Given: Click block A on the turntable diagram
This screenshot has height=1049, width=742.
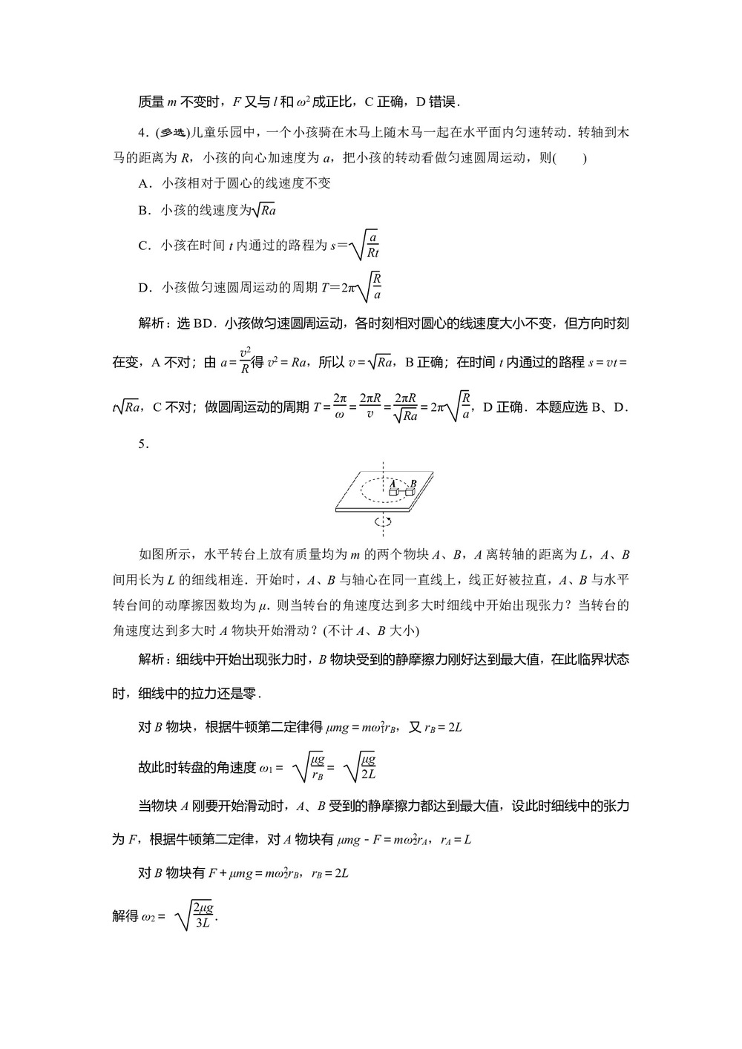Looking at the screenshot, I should pyautogui.click(x=394, y=492).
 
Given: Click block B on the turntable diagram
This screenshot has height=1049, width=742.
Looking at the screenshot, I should pyautogui.click(x=409, y=492).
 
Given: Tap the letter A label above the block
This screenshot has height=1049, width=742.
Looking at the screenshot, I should pyautogui.click(x=393, y=482).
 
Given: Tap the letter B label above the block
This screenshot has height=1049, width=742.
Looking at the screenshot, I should pyautogui.click(x=413, y=483).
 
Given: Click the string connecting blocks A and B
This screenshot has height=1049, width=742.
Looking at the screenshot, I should pyautogui.click(x=401, y=492).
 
